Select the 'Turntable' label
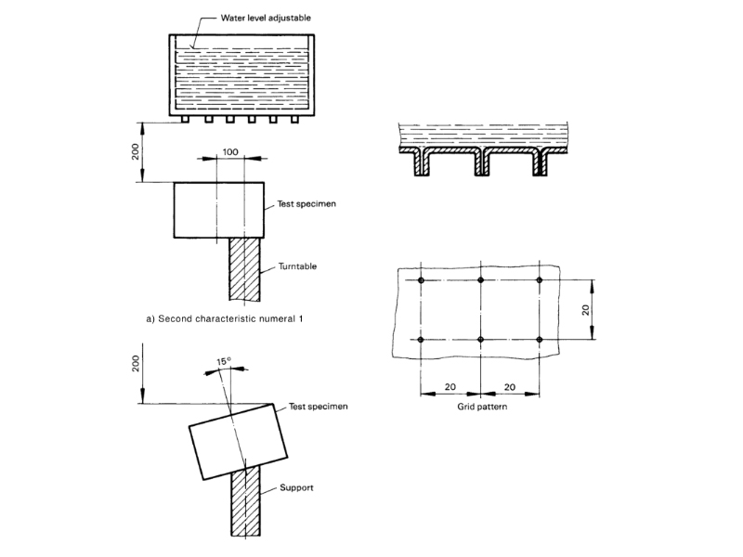(x=297, y=266)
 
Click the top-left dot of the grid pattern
(x=422, y=280)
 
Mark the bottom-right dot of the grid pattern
(x=540, y=340)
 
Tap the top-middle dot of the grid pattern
(x=480, y=280)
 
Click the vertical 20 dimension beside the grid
(x=586, y=309)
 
